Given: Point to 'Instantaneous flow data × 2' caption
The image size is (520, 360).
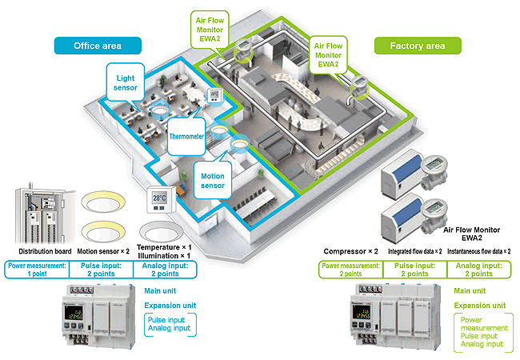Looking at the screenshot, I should [x=479, y=251].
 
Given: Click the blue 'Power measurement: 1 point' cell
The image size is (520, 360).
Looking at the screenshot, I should [x=36, y=270].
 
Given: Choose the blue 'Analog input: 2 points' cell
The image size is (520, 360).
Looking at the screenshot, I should [x=165, y=270].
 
